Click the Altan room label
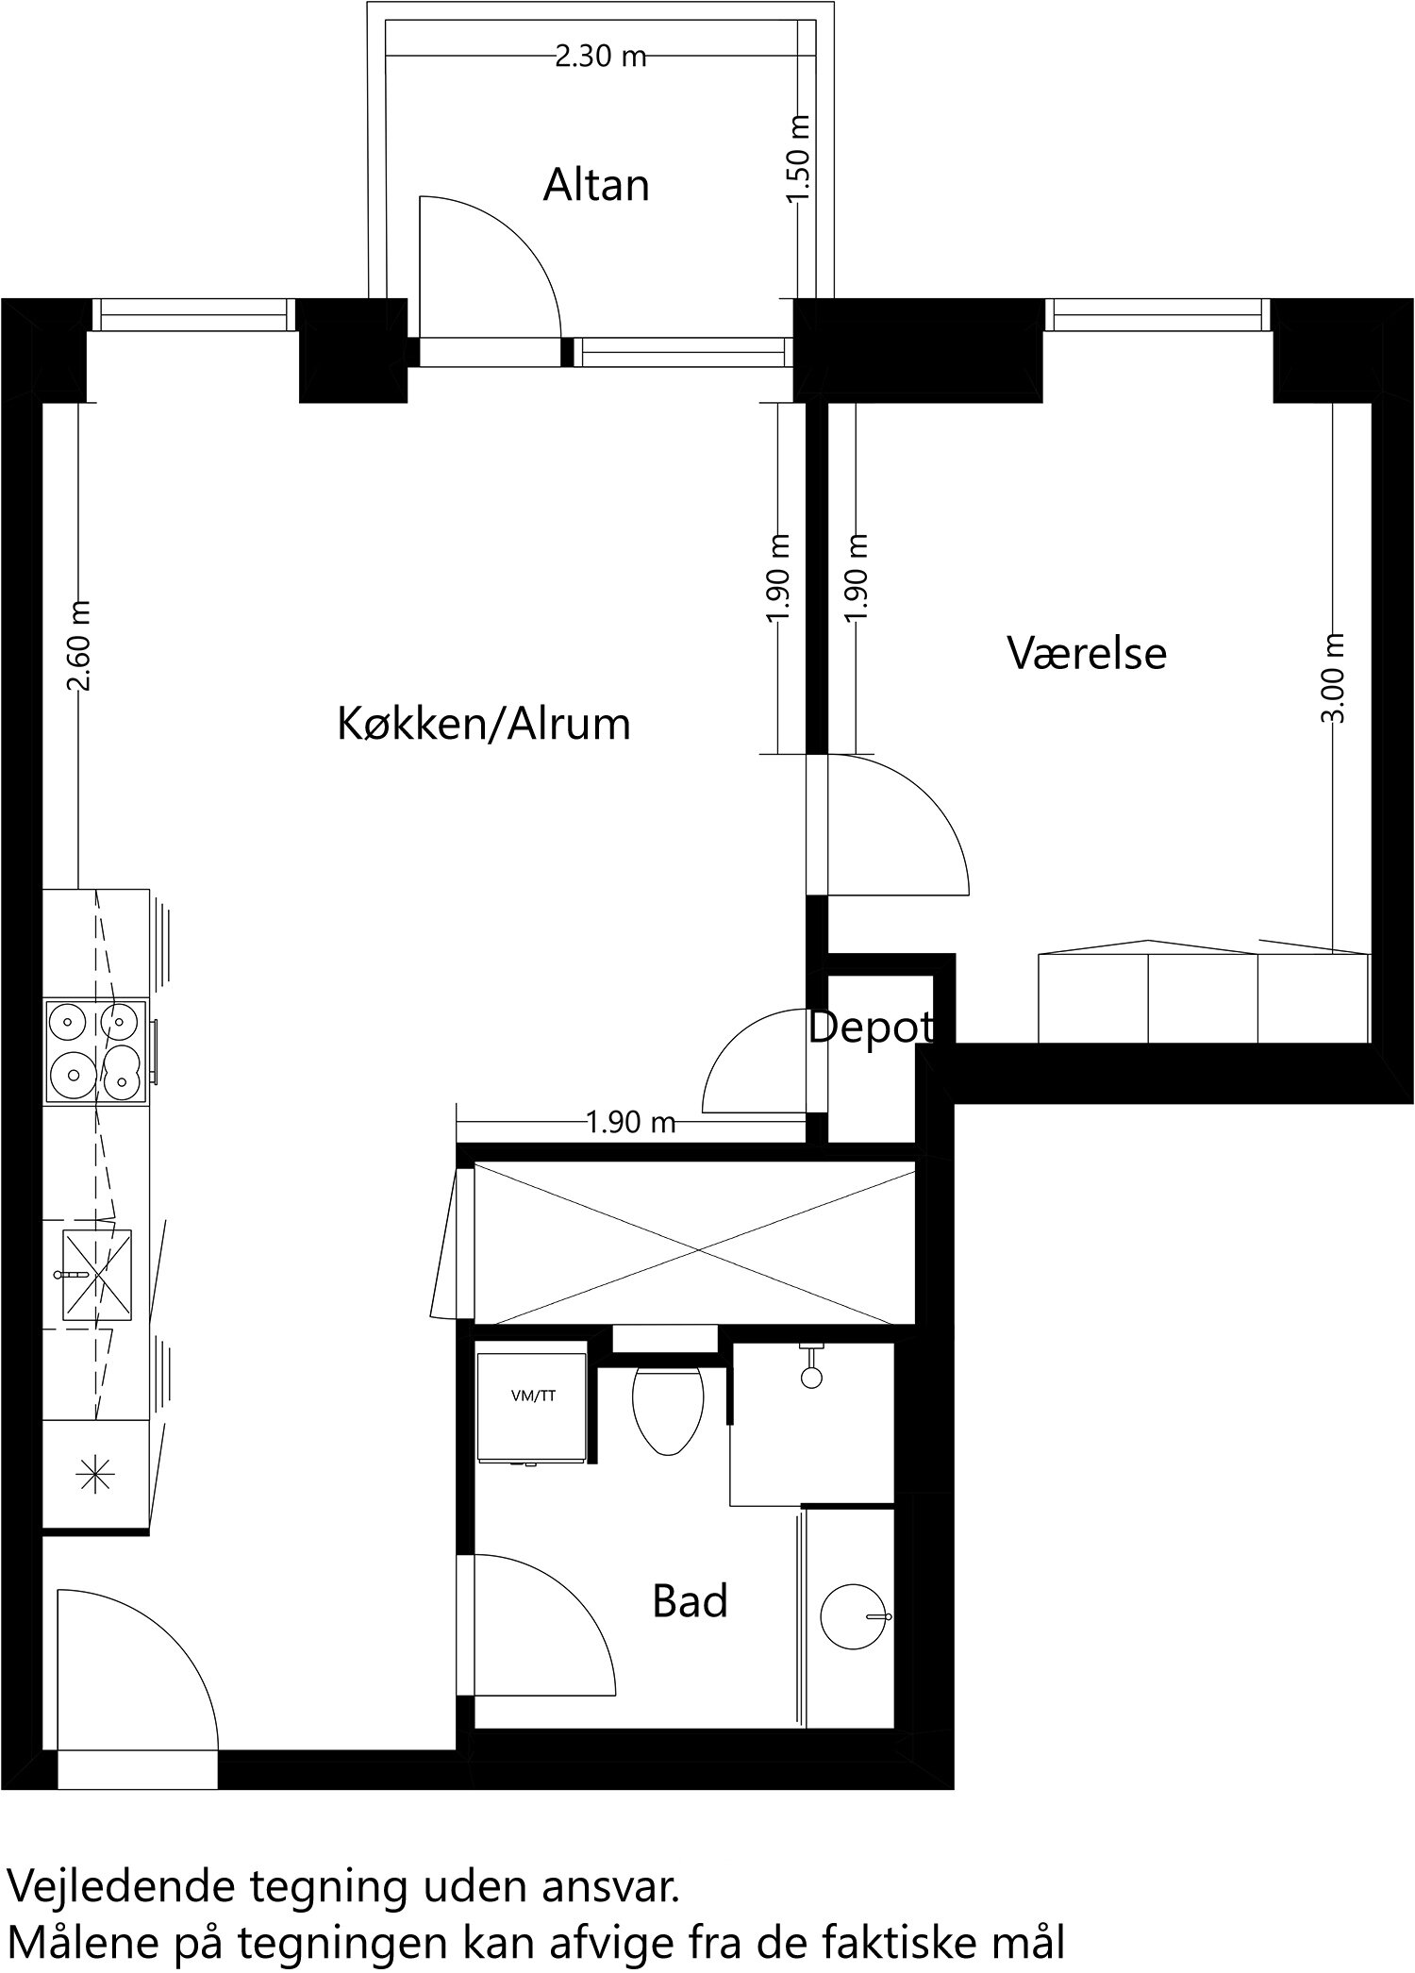coord(596,186)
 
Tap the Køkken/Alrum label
coord(484,725)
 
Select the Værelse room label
coord(1087,653)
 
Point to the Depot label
coord(872,1028)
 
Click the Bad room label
coord(690,1601)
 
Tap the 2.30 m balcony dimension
coord(600,57)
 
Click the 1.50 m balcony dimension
coord(799,158)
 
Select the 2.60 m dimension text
coord(82,645)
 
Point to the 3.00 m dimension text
coord(1334,677)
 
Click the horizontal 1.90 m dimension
coord(631,1123)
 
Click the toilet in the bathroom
coord(668,1408)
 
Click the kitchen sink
coord(96,1275)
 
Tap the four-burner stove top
coord(96,1051)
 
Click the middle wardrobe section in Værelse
coord(1203,997)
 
